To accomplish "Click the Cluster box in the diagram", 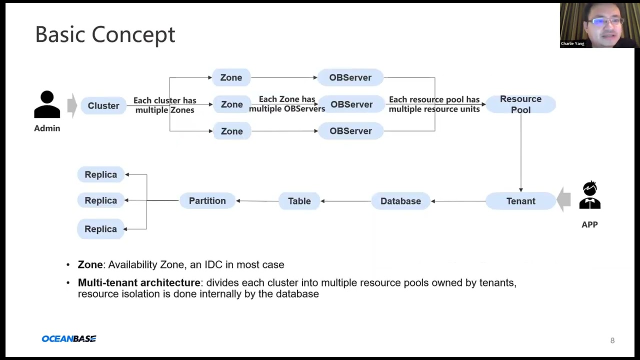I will click(x=103, y=105).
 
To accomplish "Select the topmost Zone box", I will click(x=231, y=77).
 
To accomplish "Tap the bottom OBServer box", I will click(x=350, y=131).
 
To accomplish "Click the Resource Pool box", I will click(x=520, y=104).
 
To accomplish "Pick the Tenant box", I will click(x=520, y=201).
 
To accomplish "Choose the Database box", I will click(x=400, y=201).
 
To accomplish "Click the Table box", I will click(x=299, y=201).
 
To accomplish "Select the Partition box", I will click(x=207, y=200).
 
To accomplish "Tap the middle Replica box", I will click(x=100, y=200).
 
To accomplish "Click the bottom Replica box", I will click(x=100, y=229).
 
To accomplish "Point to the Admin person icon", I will click(x=47, y=104).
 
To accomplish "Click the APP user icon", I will click(x=589, y=195).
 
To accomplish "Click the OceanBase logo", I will click(x=69, y=339).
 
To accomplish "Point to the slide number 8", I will click(x=612, y=340).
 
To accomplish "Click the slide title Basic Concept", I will click(x=105, y=34).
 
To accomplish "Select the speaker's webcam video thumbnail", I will click(x=599, y=25).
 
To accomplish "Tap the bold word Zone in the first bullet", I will click(x=90, y=264).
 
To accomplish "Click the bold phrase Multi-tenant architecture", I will click(x=139, y=282).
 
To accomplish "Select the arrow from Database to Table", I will click(x=346, y=201).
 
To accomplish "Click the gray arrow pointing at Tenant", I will click(x=563, y=200).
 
